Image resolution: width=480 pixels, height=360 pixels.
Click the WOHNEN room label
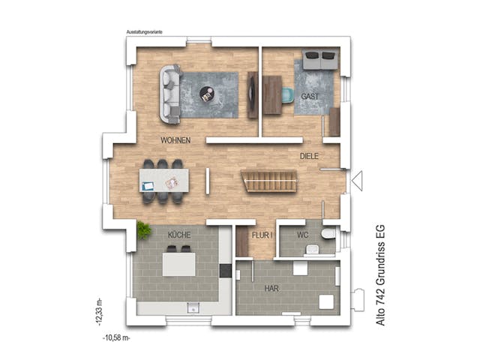click(x=175, y=140)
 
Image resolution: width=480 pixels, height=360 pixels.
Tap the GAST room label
click(x=310, y=97)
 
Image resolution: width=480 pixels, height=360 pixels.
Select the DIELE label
click(x=310, y=156)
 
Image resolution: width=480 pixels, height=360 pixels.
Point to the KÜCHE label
click(x=179, y=235)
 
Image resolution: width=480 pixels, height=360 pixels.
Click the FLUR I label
click(x=262, y=235)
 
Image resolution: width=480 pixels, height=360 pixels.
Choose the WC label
click(x=302, y=235)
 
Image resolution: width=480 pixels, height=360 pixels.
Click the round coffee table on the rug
click(x=206, y=94)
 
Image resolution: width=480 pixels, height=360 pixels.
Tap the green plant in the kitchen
click(x=143, y=229)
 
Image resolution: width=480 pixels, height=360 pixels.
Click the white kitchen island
click(x=180, y=264)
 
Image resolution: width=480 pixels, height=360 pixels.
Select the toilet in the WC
click(x=327, y=234)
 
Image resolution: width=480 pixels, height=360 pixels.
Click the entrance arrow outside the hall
click(x=358, y=181)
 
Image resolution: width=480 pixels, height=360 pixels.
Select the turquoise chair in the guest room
click(x=287, y=94)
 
